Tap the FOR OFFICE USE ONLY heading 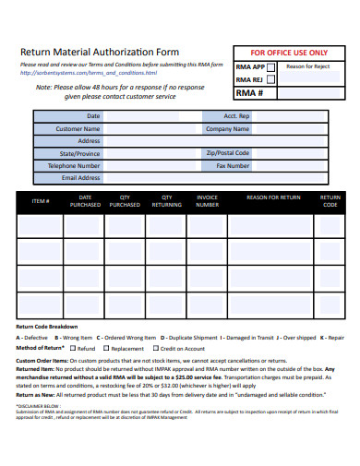tap(288, 52)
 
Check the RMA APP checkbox tap(270, 67)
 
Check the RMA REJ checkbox tap(270, 80)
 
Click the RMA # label tap(250, 93)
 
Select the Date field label tap(93, 116)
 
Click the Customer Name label tap(78, 129)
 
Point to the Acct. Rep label tap(237, 116)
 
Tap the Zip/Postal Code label tap(228, 153)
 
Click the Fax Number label tap(233, 166)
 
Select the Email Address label tap(81, 178)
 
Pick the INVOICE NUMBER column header tap(208, 200)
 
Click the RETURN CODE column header tap(330, 200)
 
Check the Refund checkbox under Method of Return tap(72, 349)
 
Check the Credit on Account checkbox tap(155, 349)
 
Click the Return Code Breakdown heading tap(47, 328)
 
